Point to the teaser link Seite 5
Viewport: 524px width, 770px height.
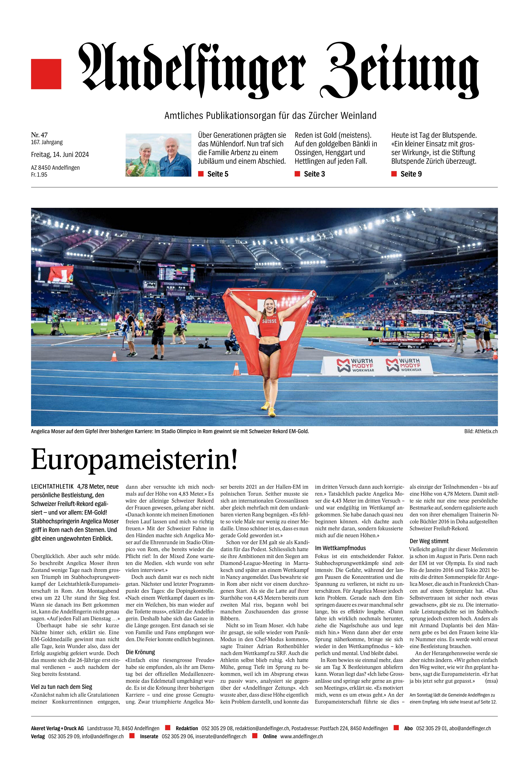pos(218,174)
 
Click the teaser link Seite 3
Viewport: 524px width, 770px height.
pos(314,174)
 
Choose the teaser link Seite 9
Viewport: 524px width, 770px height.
pos(411,174)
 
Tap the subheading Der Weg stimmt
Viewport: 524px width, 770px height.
pos(429,541)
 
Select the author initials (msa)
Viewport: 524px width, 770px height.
pos(491,681)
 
